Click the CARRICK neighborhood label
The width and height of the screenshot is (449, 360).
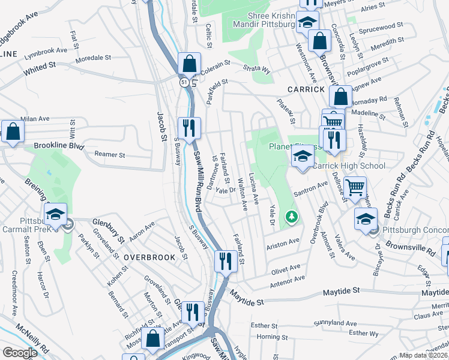click(x=306, y=89)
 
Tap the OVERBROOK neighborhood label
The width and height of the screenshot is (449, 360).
click(x=149, y=257)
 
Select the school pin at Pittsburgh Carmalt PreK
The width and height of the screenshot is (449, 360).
click(x=56, y=214)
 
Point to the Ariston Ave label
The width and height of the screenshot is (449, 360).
click(x=283, y=241)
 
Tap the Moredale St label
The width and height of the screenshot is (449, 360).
click(x=93, y=60)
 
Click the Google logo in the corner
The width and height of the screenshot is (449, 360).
click(x=20, y=352)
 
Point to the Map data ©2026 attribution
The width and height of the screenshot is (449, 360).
click(x=424, y=355)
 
